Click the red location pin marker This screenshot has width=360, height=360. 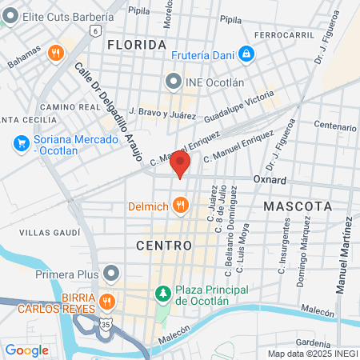click(x=181, y=165)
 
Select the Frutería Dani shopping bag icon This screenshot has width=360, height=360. click(x=247, y=54)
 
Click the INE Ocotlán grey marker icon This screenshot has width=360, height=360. click(x=172, y=81)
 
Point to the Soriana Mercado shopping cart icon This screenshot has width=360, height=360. click(x=22, y=143)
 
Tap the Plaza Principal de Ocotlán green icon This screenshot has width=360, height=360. click(x=163, y=294)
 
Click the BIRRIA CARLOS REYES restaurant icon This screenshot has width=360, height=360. click(x=106, y=302)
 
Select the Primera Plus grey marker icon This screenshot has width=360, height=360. click(x=112, y=275)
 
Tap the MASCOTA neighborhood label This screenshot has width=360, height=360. click(x=297, y=206)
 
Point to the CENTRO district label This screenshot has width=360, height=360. click(x=164, y=245)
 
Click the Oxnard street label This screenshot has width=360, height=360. click(x=270, y=180)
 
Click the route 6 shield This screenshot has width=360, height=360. click(x=94, y=30)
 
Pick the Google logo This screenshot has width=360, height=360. click(x=26, y=350)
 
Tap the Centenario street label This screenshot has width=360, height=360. click(x=334, y=126)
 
